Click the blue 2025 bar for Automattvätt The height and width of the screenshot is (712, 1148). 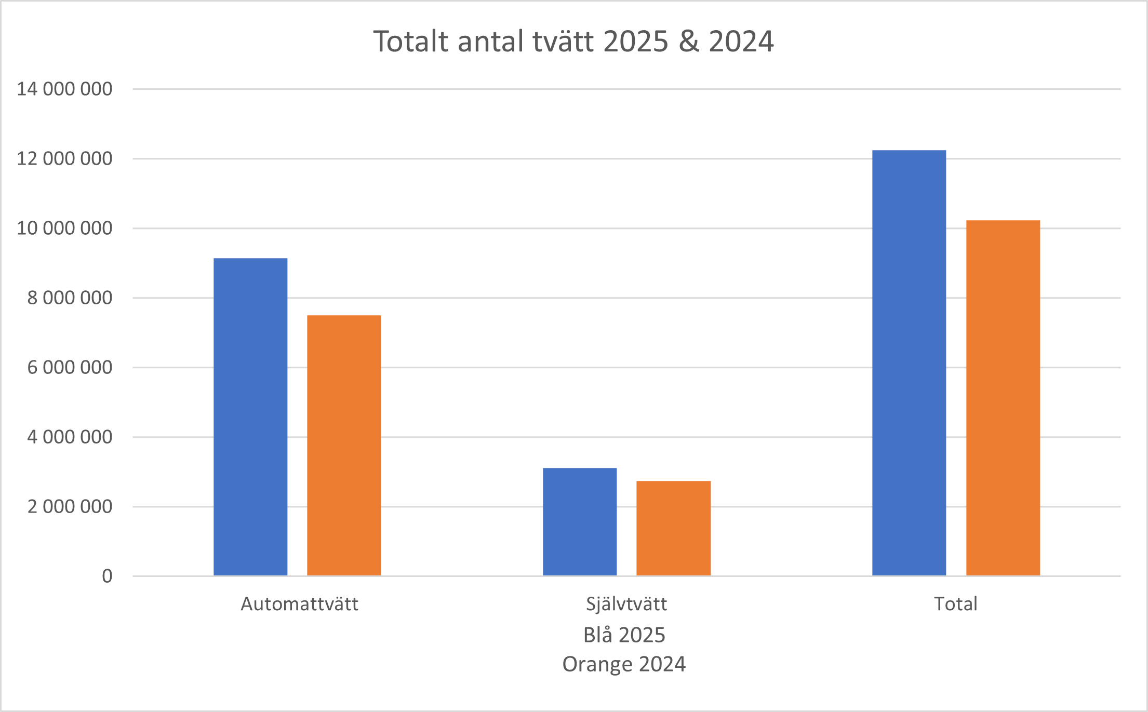click(x=250, y=417)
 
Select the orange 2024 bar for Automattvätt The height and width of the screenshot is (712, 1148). click(x=344, y=445)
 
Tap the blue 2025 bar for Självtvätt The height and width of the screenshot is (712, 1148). click(x=580, y=521)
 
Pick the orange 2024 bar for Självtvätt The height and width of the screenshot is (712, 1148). click(x=673, y=528)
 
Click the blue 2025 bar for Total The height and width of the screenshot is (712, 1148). click(x=909, y=362)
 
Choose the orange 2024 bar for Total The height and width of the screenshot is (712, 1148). click(x=1003, y=398)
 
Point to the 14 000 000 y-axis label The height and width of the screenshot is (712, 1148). click(x=64, y=89)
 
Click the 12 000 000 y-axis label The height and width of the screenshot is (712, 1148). click(x=64, y=158)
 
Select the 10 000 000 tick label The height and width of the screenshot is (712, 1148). click(x=64, y=228)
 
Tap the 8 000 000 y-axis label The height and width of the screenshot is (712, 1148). click(x=70, y=298)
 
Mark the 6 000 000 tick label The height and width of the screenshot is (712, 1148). click(x=70, y=367)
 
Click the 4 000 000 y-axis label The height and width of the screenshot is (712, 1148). click(x=70, y=437)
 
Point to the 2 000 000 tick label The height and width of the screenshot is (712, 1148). click(x=70, y=506)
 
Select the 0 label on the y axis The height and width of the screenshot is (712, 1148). click(x=107, y=576)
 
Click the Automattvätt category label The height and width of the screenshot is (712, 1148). click(x=300, y=604)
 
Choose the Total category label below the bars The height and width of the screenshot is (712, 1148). click(x=956, y=604)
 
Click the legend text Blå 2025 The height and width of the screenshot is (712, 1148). click(x=624, y=635)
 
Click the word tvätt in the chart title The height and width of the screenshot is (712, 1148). click(x=563, y=42)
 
